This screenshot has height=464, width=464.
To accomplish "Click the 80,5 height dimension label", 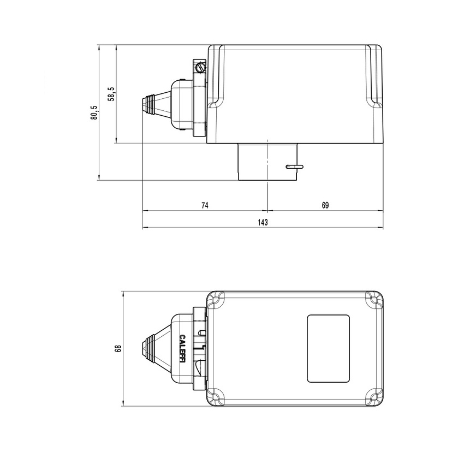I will coord(94,113).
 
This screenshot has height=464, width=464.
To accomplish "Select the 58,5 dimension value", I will coord(111,94).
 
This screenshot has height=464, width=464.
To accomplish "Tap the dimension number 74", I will coord(205,206).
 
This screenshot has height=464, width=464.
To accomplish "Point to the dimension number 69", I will coord(325,206).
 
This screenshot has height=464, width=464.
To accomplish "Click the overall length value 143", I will coord(263,222).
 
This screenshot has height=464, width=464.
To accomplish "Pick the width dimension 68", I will coord(117,348).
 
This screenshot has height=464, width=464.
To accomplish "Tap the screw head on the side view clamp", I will coord(200,68).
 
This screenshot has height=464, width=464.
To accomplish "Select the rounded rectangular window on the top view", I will coord(328,348).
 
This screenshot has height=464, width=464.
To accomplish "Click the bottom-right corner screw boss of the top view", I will coord(374,396).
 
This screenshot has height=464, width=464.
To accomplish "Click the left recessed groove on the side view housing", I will coord(217,76).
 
